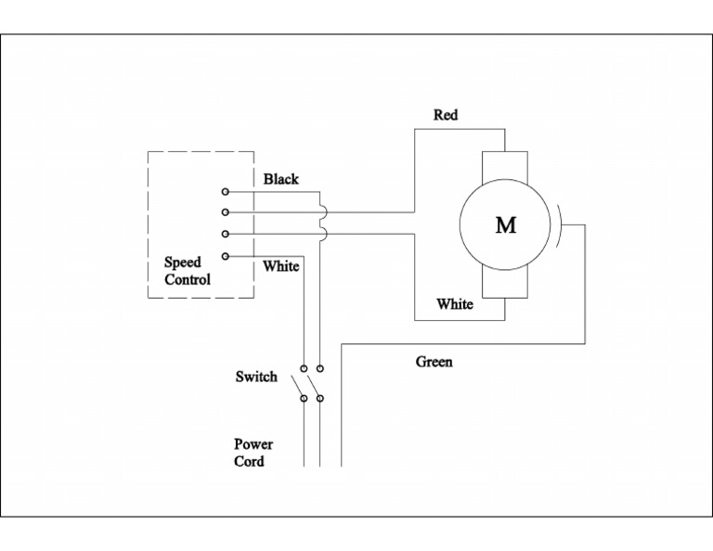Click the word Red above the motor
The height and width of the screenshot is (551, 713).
pyautogui.click(x=446, y=115)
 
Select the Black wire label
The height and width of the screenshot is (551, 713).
pyautogui.click(x=280, y=179)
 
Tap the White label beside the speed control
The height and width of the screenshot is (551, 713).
pyautogui.click(x=280, y=266)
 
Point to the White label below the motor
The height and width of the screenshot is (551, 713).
pyautogui.click(x=455, y=304)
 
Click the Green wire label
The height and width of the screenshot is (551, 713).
pyautogui.click(x=434, y=362)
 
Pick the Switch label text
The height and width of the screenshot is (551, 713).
pyautogui.click(x=256, y=377)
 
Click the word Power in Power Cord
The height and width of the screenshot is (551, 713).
pyautogui.click(x=253, y=444)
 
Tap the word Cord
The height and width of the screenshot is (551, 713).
pyautogui.click(x=249, y=461)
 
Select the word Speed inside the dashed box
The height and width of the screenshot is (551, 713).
pyautogui.click(x=183, y=263)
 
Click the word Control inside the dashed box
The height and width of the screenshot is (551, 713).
pyautogui.click(x=188, y=279)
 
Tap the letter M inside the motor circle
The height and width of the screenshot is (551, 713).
pyautogui.click(x=505, y=225)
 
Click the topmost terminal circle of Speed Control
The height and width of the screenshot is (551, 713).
pyautogui.click(x=225, y=192)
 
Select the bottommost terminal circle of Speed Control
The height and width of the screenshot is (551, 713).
pyautogui.click(x=225, y=255)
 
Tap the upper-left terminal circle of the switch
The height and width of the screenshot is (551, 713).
pyautogui.click(x=304, y=368)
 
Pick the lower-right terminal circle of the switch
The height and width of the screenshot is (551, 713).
pyautogui.click(x=320, y=399)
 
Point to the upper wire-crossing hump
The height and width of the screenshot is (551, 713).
pyautogui.click(x=322, y=212)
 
